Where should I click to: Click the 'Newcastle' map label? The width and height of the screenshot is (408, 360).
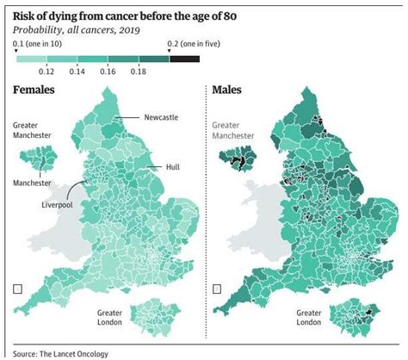point(161,118)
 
